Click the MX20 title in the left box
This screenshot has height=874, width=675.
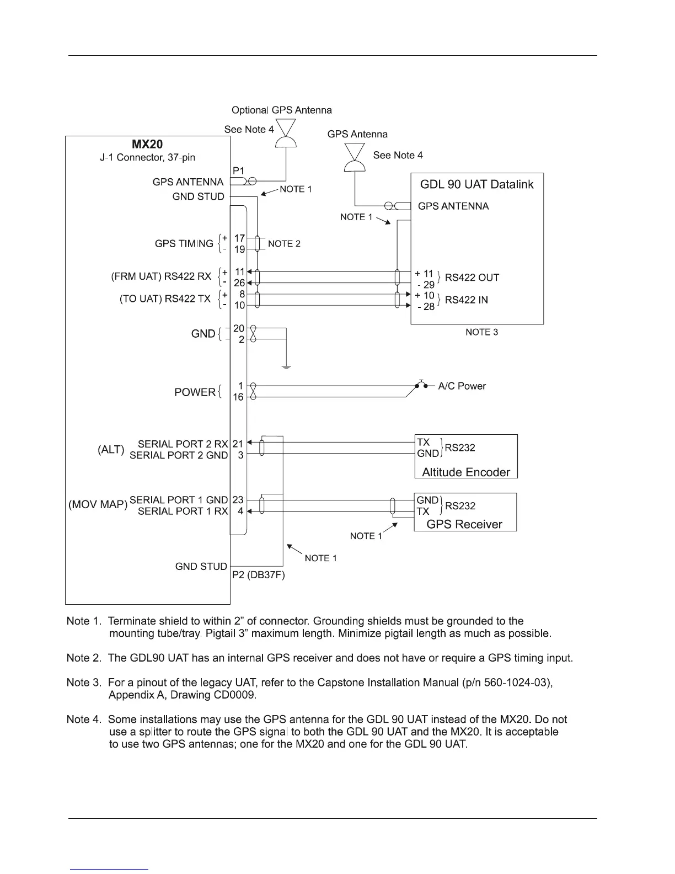[x=147, y=144]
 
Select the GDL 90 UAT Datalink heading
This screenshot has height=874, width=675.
[x=477, y=184]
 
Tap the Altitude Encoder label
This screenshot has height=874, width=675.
[x=466, y=472]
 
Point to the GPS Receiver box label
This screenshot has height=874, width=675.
[x=464, y=524]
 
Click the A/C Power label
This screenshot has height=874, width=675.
[x=462, y=386]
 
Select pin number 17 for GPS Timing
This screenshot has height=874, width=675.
[x=239, y=238]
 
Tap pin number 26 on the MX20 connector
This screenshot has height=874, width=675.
[x=239, y=283]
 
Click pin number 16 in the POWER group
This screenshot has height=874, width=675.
[x=238, y=397]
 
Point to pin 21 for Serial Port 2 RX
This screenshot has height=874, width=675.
[x=238, y=444]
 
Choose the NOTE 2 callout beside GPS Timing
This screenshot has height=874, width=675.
[x=284, y=244]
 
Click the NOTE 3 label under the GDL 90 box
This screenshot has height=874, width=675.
[x=481, y=332]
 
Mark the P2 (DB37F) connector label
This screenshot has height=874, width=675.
[x=258, y=575]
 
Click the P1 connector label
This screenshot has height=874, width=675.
[x=239, y=171]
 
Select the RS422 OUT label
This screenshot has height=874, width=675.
[x=472, y=278]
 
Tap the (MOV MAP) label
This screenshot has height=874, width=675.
[x=98, y=505]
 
